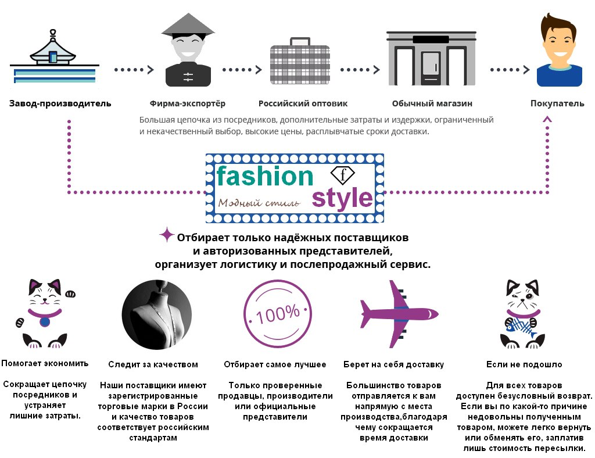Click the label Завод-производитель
pos(60,103)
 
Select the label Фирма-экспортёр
pos(187,103)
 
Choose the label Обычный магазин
pos(432,103)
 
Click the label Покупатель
pos(557,103)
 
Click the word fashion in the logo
pos(264,176)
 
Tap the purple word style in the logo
pos(342,198)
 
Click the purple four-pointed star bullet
pos(167,235)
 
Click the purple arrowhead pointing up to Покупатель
pos(547,119)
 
